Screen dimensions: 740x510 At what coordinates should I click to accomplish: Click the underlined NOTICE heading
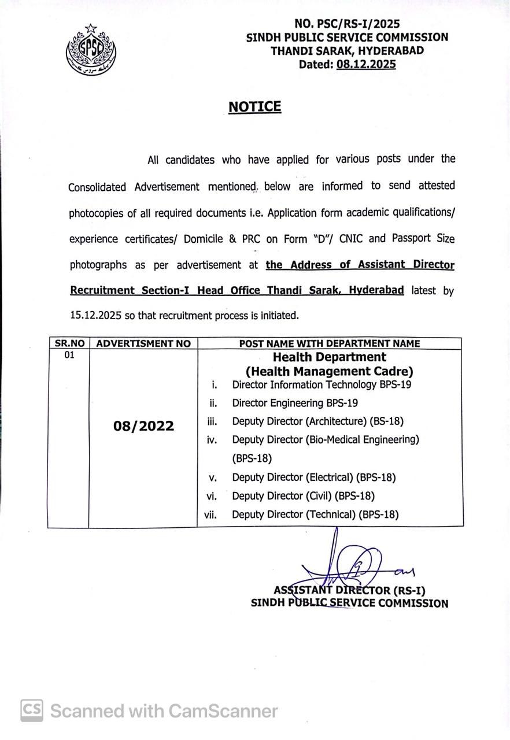click(254, 107)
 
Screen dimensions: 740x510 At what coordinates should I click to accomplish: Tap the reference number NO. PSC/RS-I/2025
click(347, 24)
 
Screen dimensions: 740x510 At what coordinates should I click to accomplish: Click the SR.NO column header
click(69, 343)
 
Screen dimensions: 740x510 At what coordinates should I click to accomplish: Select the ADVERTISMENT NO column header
click(143, 343)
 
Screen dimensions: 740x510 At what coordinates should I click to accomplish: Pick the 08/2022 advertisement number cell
click(143, 426)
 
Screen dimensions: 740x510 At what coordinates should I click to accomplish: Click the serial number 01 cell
click(69, 355)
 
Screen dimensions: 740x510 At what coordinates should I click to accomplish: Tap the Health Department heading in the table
click(330, 357)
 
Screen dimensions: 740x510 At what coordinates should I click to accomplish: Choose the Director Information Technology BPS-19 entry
click(321, 384)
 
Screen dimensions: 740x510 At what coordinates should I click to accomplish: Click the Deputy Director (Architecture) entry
click(317, 421)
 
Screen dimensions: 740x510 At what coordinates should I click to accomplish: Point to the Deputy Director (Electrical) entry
click(314, 478)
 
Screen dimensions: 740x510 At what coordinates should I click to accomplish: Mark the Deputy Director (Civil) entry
click(303, 496)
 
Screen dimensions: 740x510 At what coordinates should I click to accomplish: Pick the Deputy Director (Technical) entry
click(315, 514)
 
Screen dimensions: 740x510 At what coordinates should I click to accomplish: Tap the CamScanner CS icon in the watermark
click(32, 710)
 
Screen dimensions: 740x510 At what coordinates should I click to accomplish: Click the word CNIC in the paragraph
click(376, 238)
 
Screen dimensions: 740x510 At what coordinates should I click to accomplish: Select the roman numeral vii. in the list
click(210, 515)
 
